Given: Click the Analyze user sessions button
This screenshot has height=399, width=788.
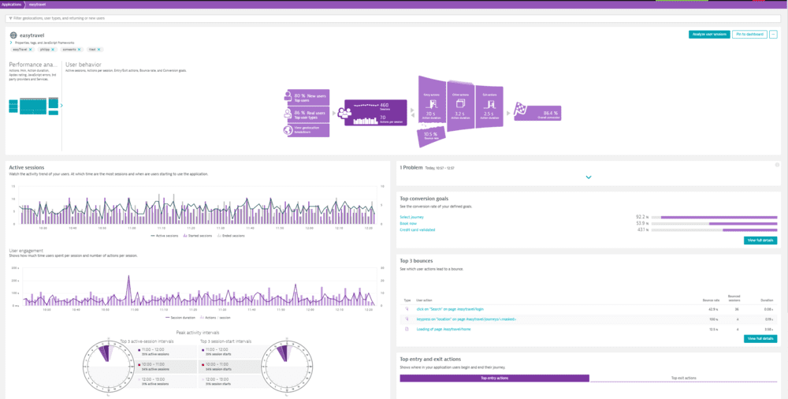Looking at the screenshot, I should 708,35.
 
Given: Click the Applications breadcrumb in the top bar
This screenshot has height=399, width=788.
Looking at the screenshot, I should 12,4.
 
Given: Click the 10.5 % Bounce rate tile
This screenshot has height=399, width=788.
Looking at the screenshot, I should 431,135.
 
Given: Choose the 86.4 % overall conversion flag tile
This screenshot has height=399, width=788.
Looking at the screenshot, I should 537,114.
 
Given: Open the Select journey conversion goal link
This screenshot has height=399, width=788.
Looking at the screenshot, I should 412,216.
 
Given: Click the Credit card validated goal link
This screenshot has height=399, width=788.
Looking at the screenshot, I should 417,229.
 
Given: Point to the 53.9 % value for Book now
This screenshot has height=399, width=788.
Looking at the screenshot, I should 641,223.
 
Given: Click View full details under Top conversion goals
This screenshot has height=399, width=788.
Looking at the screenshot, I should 760,241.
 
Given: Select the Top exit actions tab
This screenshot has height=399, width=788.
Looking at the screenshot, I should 683,378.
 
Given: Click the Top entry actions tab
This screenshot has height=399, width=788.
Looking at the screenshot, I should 494,378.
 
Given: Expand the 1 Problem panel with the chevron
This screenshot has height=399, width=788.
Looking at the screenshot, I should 589,177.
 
